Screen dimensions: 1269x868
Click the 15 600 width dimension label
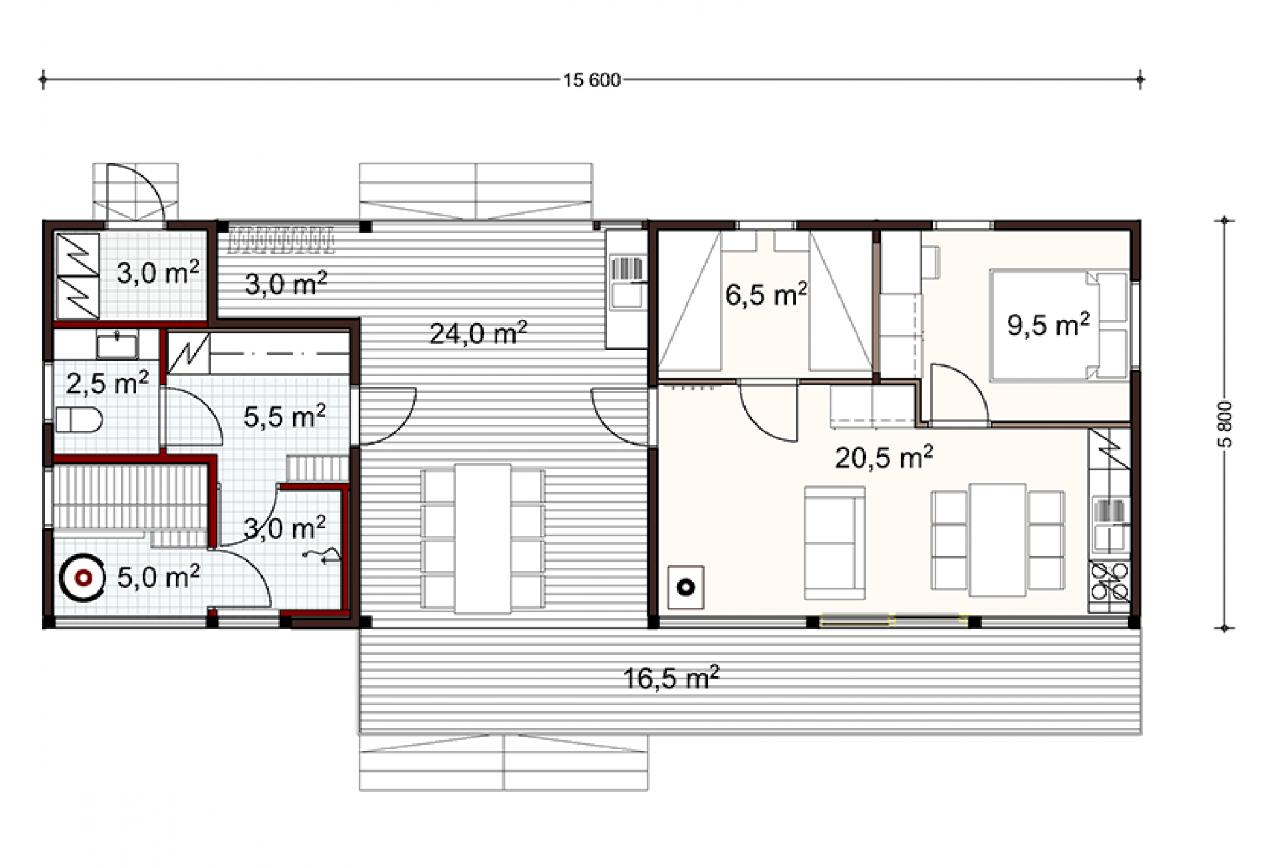tap(592, 80)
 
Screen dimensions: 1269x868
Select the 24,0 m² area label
tap(478, 333)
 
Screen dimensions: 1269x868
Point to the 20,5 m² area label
tap(884, 458)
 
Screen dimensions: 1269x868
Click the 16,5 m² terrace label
tap(671, 678)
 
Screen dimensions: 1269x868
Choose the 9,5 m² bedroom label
tap(1048, 325)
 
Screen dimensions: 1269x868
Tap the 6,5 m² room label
tap(766, 295)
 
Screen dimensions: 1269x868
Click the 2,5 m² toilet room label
tap(107, 383)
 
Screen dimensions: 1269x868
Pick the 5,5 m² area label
tap(285, 417)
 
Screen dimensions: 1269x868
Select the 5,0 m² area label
tap(158, 577)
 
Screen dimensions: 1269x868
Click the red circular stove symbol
tap(83, 578)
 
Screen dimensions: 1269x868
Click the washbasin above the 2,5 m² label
tap(117, 344)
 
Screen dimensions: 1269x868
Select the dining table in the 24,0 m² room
tap(482, 539)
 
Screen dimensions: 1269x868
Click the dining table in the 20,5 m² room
tap(998, 540)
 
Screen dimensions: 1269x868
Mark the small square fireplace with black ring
tap(686, 587)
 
